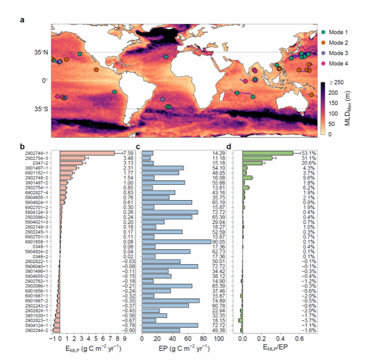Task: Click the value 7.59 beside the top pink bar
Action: (125, 154)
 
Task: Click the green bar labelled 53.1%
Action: (267, 154)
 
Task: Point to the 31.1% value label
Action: (309, 158)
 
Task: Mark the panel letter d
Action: (228, 147)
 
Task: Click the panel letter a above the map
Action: (22, 20)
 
